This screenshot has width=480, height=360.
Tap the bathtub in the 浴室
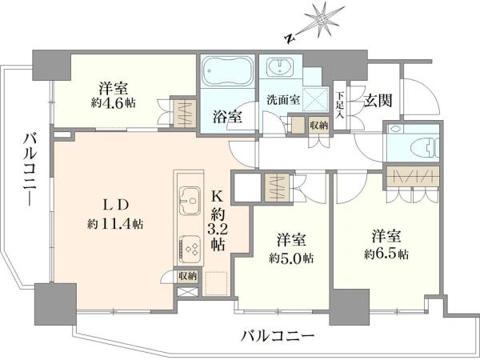(x=228, y=72)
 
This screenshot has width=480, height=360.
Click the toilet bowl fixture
(x=427, y=146)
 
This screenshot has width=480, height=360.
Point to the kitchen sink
(x=190, y=201)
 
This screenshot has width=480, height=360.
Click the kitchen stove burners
(x=190, y=246)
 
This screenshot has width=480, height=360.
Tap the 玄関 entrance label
(x=378, y=100)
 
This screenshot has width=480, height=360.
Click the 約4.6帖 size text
(x=113, y=103)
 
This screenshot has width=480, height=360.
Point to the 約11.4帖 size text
(x=115, y=224)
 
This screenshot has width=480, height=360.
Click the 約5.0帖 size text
(x=291, y=258)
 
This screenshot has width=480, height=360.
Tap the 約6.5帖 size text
(x=386, y=254)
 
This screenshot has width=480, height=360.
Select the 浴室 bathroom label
(x=227, y=117)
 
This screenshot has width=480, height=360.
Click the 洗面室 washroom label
(x=282, y=99)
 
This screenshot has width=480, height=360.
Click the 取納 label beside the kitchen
(x=187, y=277)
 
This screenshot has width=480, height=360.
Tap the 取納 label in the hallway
(x=318, y=126)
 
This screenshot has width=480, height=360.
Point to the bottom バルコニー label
(x=278, y=337)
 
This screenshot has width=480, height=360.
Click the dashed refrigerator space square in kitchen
(x=216, y=283)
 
